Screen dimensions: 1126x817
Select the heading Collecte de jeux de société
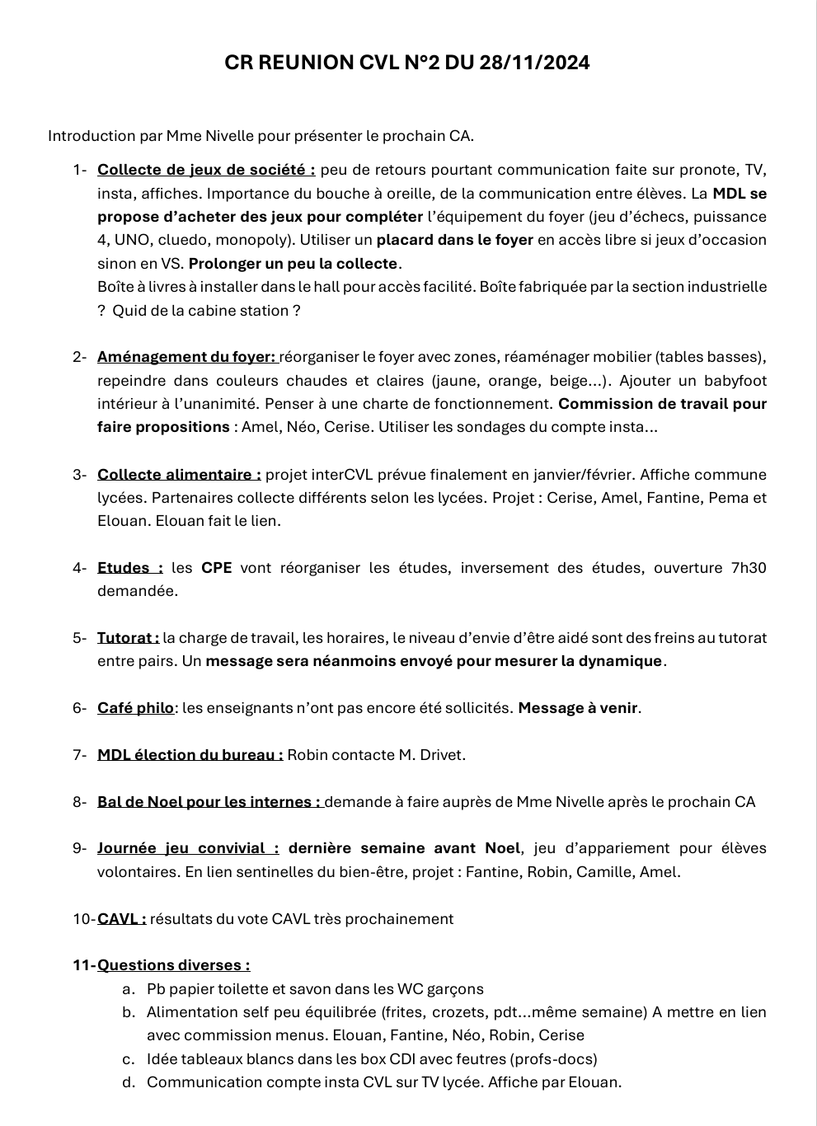click(x=206, y=171)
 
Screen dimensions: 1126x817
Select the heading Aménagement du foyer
click(x=186, y=358)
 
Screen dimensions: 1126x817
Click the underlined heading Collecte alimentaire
click(x=179, y=475)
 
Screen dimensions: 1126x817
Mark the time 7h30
click(x=749, y=568)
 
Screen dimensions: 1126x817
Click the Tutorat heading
click(x=128, y=638)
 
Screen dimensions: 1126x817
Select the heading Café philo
click(x=135, y=708)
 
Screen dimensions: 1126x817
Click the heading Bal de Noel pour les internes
click(x=209, y=802)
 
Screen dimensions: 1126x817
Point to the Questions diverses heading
click(x=173, y=965)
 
